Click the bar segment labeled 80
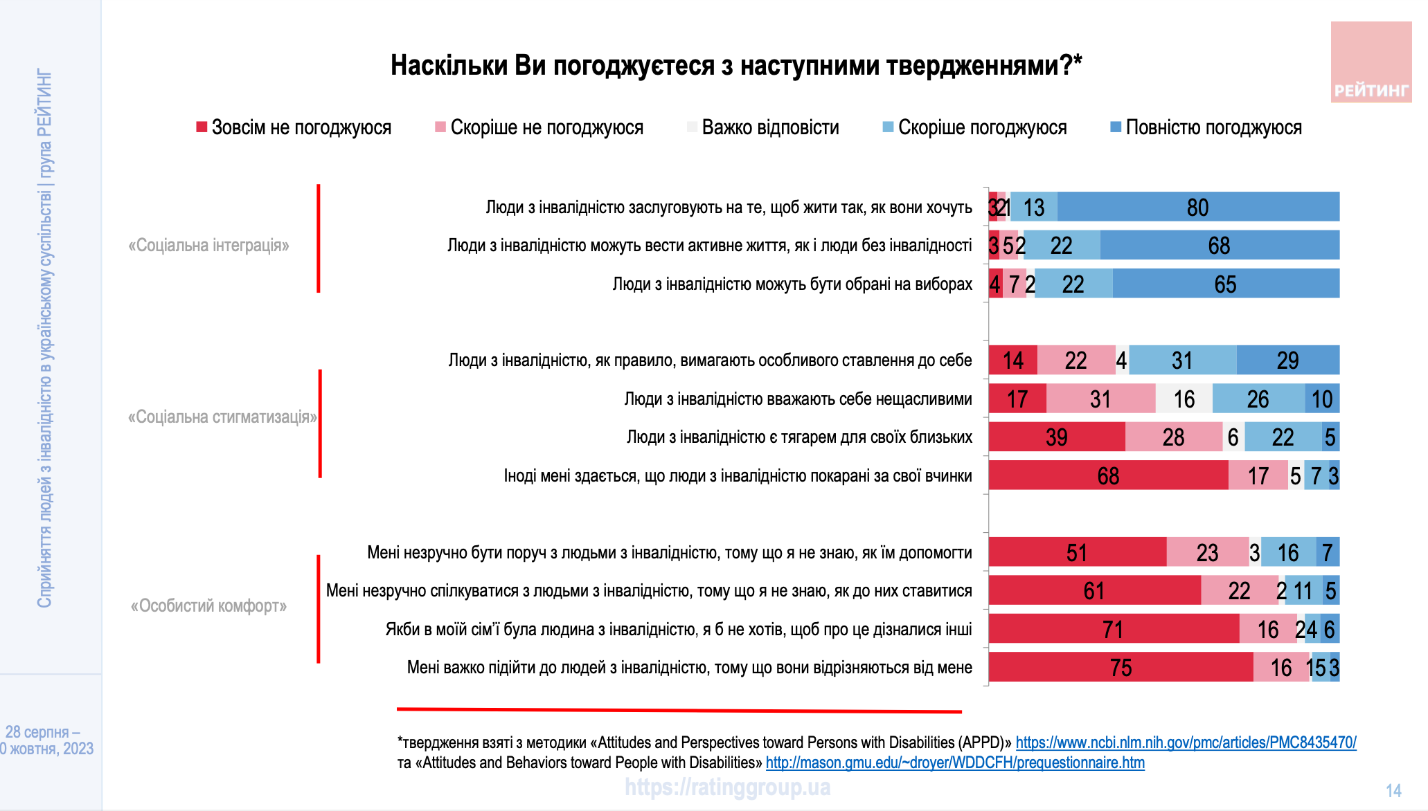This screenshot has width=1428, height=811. [x=1198, y=207]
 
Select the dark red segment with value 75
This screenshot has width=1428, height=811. [x=1121, y=667]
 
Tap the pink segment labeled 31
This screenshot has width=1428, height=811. [x=1100, y=399]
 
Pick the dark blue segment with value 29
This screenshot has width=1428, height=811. [x=1287, y=360]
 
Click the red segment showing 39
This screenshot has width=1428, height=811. [x=1056, y=437]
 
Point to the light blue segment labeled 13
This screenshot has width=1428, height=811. [x=1033, y=207]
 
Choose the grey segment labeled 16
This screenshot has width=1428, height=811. [x=1184, y=399]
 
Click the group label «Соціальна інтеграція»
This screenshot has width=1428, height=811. [x=208, y=245]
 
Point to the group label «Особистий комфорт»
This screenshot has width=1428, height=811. [x=208, y=605]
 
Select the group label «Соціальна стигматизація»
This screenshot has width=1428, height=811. [x=222, y=417]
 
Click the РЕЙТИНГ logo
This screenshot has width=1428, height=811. [x=1371, y=62]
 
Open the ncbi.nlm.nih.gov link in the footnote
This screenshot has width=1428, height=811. [x=1186, y=742]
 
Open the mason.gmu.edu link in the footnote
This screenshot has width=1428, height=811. [x=955, y=763]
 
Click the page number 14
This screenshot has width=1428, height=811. [x=1393, y=790]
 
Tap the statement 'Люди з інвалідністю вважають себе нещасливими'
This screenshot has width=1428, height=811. [x=798, y=399]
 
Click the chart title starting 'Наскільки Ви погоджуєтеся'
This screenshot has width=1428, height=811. [x=735, y=65]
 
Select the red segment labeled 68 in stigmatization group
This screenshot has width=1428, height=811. [x=1108, y=475]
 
